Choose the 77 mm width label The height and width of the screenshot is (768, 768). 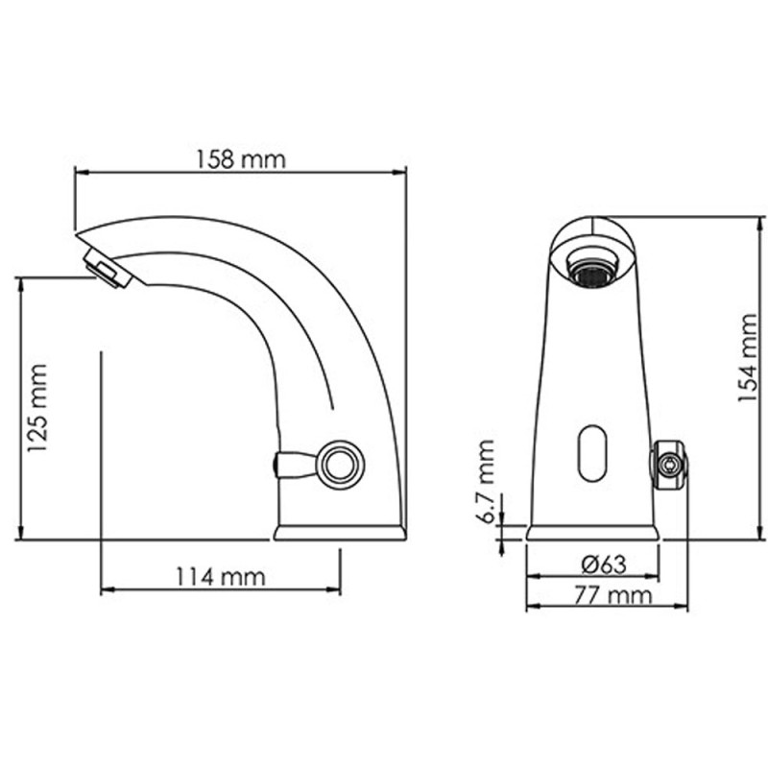(x=609, y=595)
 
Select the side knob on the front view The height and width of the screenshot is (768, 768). (x=668, y=467)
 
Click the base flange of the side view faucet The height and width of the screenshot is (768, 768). (x=339, y=531)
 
